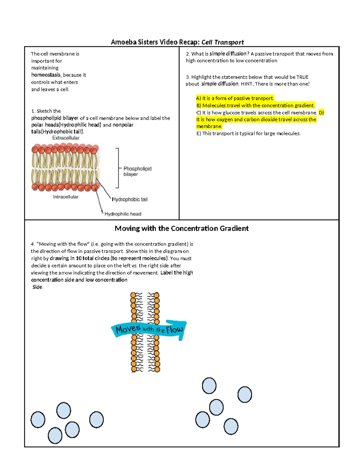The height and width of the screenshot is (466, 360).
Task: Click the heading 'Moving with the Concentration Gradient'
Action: coord(181,228)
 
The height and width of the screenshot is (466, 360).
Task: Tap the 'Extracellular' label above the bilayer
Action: coord(66,138)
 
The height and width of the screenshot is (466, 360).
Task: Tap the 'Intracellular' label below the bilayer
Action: coord(66,197)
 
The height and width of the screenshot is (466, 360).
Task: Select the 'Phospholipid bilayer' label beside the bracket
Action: coord(137,171)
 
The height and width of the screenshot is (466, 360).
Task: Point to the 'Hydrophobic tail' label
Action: coord(130,199)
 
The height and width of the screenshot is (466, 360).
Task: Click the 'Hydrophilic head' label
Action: coord(123,214)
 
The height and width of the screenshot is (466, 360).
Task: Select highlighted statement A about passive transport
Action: coord(235,98)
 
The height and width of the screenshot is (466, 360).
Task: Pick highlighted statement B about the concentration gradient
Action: coord(256,105)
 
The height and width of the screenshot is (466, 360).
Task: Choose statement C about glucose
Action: coord(256,113)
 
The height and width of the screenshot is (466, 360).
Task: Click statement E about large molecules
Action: coord(248,134)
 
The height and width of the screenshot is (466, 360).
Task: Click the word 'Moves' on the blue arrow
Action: coord(128,329)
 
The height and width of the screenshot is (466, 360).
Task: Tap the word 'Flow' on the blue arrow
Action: coord(174,330)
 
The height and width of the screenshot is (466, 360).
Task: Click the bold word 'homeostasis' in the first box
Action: coord(46,75)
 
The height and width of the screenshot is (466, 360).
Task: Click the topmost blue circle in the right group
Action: coord(209,386)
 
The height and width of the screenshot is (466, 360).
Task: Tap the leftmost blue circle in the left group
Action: coord(38,419)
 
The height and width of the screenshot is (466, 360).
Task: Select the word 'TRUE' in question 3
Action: coord(302,77)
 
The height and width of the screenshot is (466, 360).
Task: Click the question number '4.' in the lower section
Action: coord(33,244)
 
